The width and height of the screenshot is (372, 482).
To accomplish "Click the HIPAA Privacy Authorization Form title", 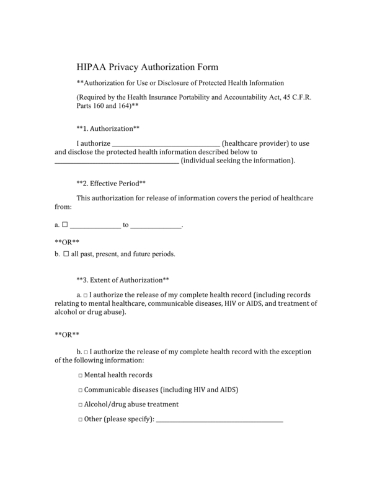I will [x=147, y=67].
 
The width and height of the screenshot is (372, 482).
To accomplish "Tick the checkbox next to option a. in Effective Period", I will [x=65, y=225].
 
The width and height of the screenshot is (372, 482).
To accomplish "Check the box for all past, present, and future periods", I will [x=66, y=254].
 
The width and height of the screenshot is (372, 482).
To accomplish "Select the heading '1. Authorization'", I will [x=107, y=128].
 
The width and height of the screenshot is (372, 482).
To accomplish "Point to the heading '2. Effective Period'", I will [x=110, y=184].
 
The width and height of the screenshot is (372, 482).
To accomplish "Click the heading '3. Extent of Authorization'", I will [x=122, y=280].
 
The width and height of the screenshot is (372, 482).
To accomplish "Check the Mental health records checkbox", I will [x=81, y=376].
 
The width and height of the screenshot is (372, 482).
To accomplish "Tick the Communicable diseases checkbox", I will [x=81, y=390].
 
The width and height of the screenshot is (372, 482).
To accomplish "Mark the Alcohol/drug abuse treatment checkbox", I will [x=81, y=404].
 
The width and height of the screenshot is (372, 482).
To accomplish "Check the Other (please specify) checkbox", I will [x=81, y=419].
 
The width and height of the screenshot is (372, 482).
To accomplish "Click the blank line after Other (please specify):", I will [x=219, y=421].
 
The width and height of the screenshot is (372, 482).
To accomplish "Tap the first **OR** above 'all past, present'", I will [x=67, y=241].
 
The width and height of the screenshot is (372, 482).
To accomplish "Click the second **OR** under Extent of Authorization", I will [x=67, y=335].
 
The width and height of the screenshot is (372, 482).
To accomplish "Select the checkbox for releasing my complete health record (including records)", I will [x=86, y=295].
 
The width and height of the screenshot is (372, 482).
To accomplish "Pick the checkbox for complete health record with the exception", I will [x=86, y=352].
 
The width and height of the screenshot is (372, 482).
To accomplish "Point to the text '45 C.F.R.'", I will [x=298, y=97].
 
